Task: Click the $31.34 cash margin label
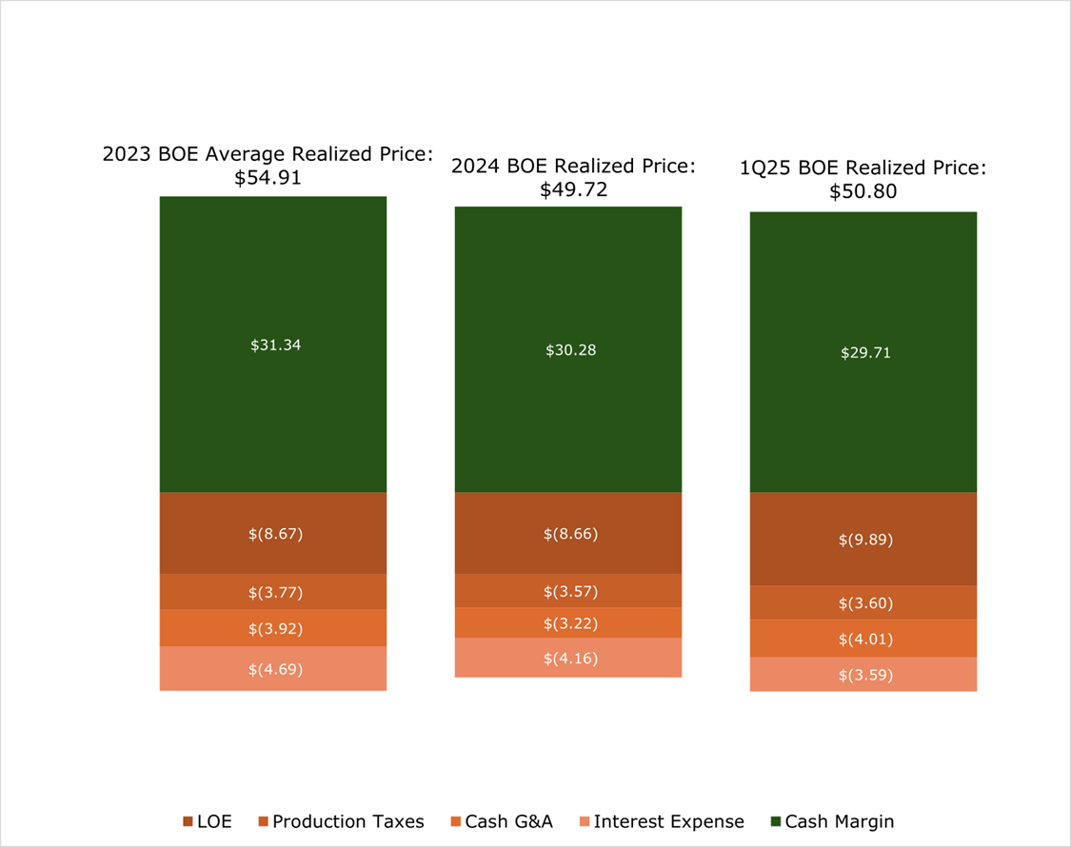(x=275, y=345)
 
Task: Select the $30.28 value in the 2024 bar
(x=570, y=350)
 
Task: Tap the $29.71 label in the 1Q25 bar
(x=865, y=353)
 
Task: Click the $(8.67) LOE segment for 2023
(x=275, y=534)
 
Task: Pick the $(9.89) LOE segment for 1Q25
(x=865, y=540)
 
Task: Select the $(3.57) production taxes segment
(x=570, y=591)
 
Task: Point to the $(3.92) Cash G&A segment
(x=275, y=628)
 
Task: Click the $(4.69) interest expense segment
(x=275, y=669)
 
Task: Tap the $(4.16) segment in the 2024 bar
(x=570, y=658)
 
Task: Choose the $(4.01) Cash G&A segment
(x=865, y=639)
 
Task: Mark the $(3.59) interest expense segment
(x=865, y=675)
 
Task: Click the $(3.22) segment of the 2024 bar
(x=570, y=623)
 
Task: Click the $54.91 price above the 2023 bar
(x=268, y=177)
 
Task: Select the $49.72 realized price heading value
(x=573, y=189)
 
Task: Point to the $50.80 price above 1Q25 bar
(x=863, y=192)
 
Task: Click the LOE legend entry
(x=207, y=821)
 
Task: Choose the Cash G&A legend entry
(x=502, y=821)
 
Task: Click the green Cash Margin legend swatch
(x=775, y=821)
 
